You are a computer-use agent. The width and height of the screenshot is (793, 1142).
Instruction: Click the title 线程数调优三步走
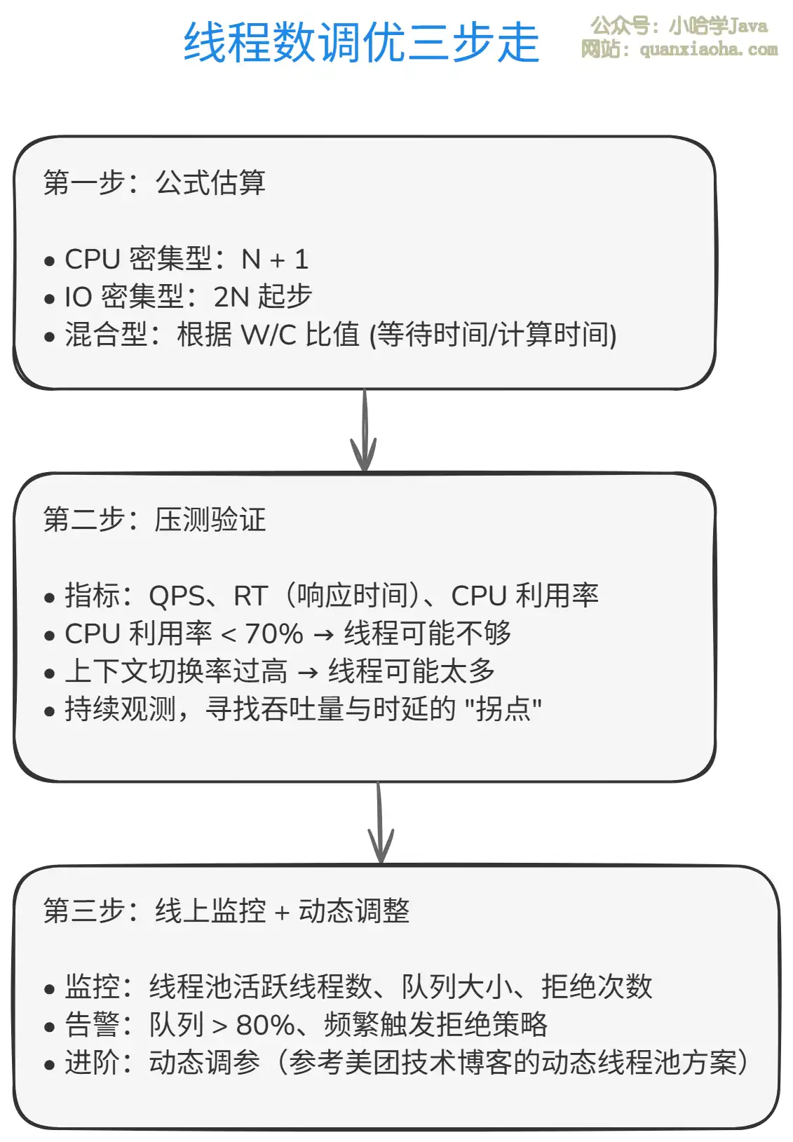(361, 43)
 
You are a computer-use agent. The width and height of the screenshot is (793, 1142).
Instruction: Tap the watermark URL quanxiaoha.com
(708, 50)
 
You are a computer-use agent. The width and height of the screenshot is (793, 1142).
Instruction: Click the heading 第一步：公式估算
(154, 182)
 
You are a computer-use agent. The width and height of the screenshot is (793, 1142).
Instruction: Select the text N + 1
(275, 260)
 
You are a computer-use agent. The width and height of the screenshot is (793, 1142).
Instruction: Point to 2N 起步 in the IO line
(262, 297)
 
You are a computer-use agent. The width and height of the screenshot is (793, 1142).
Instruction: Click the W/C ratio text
(269, 335)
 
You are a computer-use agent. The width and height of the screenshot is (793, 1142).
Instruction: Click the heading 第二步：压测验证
(154, 520)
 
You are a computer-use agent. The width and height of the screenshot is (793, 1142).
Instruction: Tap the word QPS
(177, 596)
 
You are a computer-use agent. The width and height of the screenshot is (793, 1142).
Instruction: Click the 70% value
(274, 634)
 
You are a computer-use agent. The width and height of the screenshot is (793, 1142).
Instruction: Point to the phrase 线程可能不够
(427, 633)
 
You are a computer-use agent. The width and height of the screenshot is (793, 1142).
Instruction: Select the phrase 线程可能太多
(412, 671)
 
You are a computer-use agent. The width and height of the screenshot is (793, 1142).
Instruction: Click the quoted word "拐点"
(503, 709)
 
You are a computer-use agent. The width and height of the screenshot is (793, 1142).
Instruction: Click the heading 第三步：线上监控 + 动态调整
(226, 911)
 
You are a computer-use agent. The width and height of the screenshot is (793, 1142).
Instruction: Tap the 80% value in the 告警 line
(264, 1026)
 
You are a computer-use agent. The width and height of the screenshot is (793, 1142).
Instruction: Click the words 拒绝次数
(597, 987)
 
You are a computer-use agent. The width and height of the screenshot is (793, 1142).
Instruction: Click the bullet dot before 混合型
(49, 337)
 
